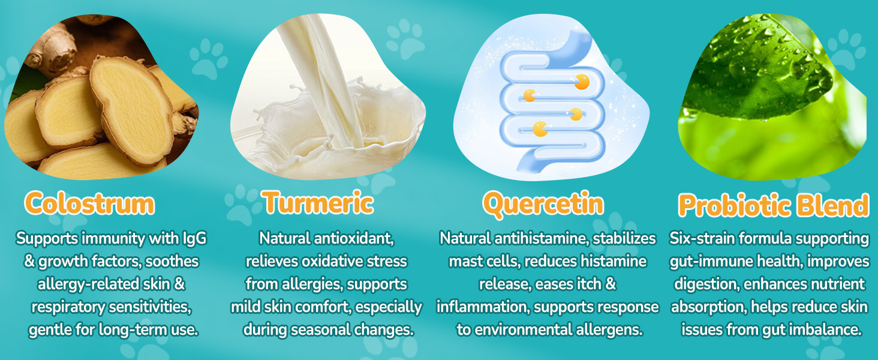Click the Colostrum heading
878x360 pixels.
pos(90,203)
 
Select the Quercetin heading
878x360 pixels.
pos(543,204)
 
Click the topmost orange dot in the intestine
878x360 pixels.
pos(582,82)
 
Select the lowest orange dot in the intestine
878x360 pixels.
pos(540,129)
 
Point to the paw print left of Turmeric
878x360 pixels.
pos(240,204)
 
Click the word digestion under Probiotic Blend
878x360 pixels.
pos(705,284)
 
